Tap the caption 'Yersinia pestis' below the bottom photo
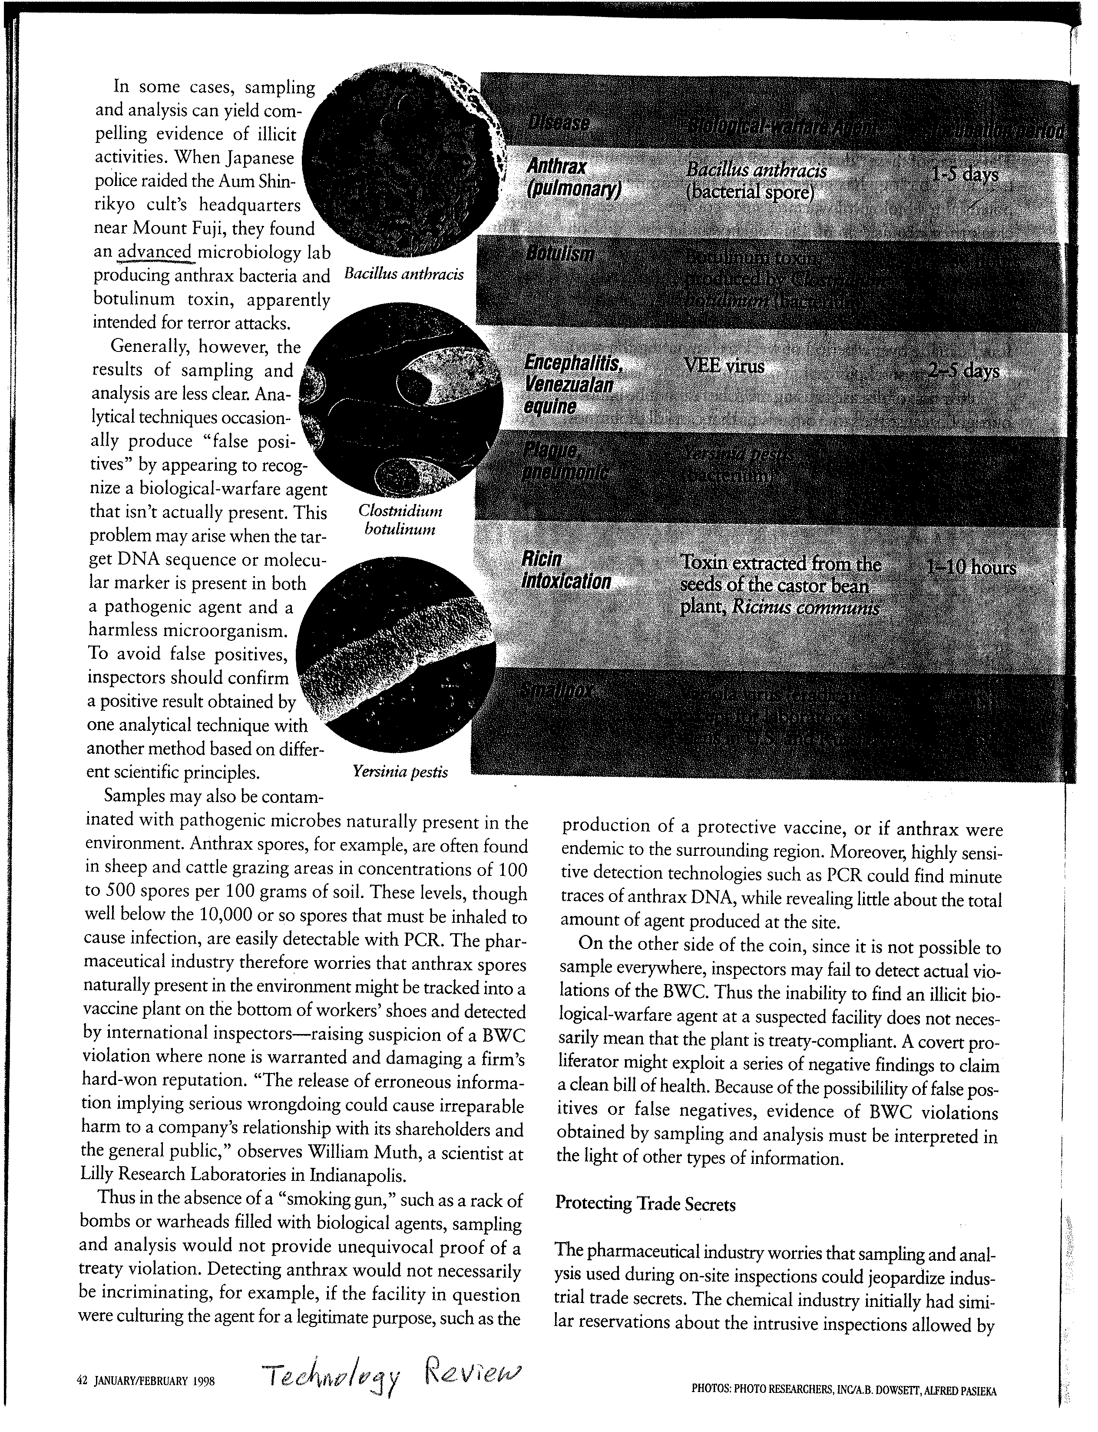coord(400,772)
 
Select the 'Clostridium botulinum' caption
coord(400,520)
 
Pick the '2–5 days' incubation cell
coord(963,371)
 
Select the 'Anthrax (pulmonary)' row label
coord(573,178)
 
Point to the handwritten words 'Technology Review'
coord(392,1378)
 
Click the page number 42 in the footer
coord(82,1381)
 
